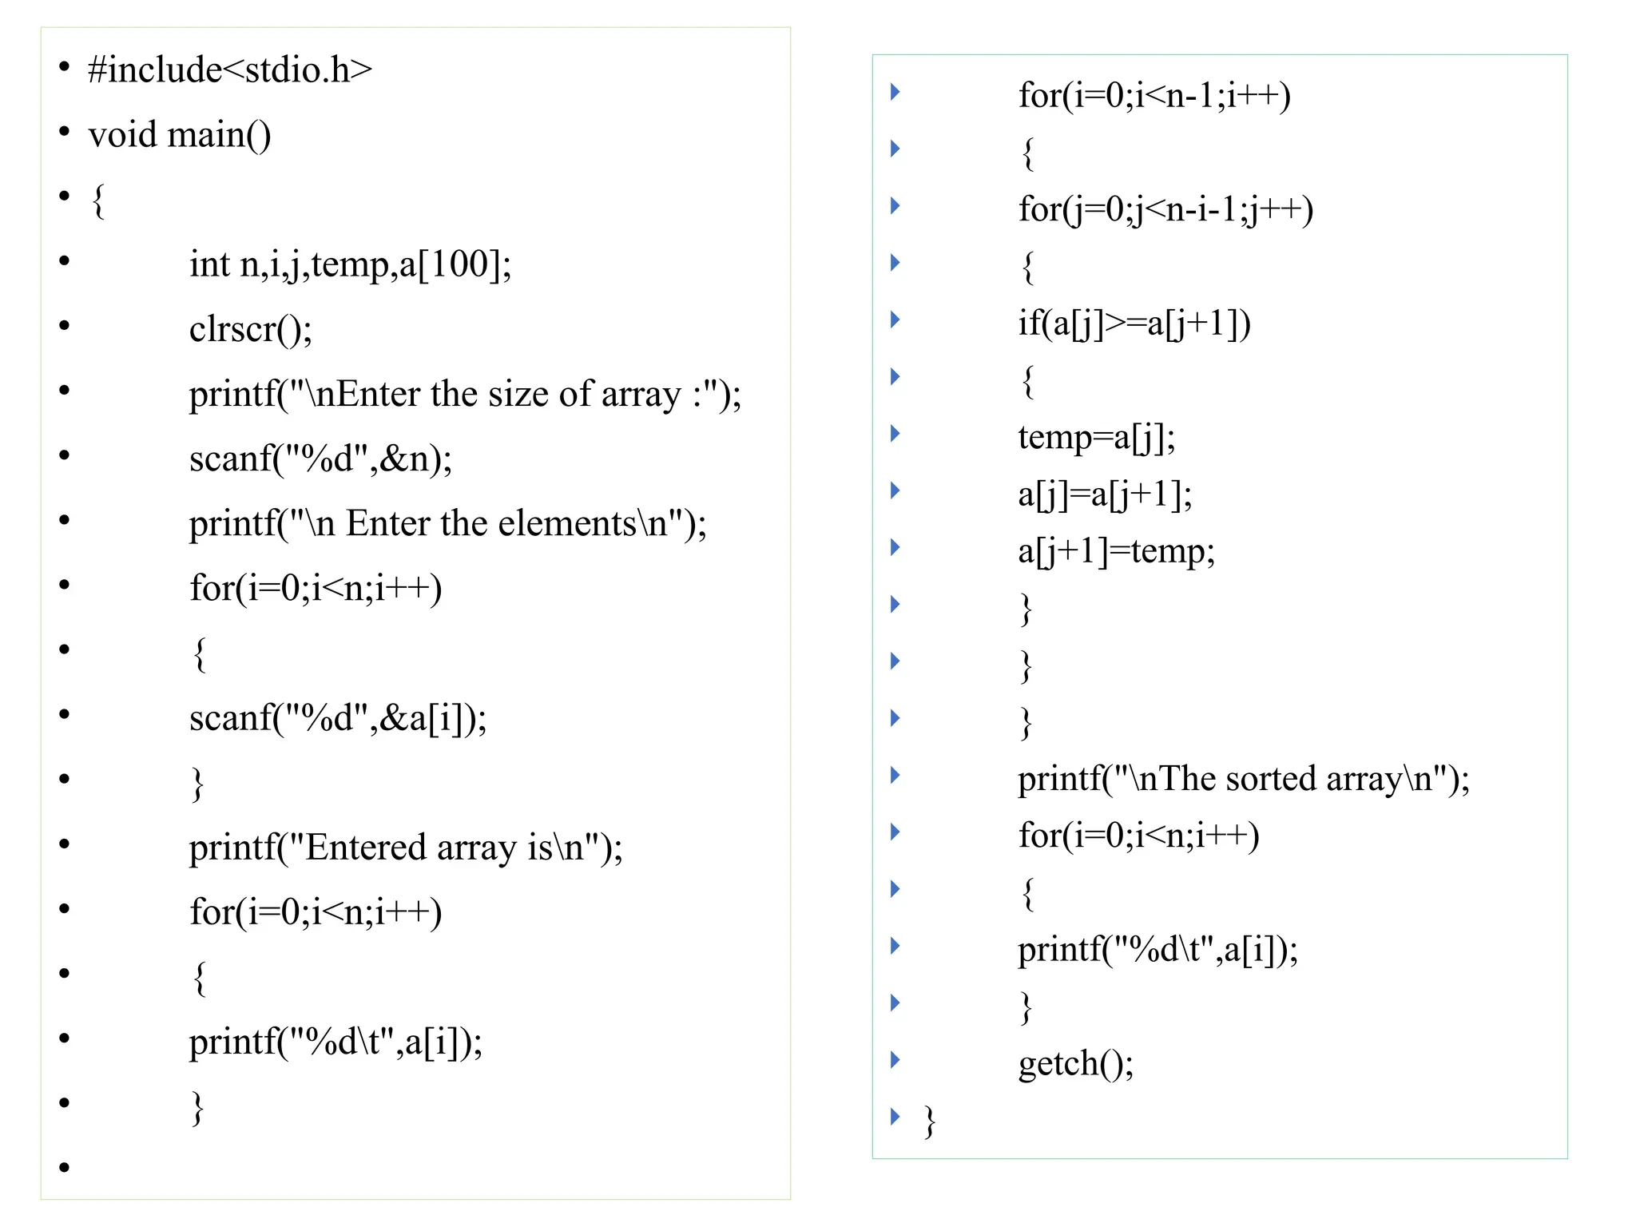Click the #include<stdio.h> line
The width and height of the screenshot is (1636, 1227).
[x=230, y=69]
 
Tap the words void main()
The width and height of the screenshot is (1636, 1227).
[x=180, y=134]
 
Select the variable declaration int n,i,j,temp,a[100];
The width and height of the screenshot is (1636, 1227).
[x=350, y=264]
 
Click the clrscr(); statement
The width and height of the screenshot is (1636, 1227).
[x=250, y=328]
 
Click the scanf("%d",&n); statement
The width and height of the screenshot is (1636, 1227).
[x=320, y=459]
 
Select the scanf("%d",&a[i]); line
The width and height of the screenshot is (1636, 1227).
[x=338, y=717]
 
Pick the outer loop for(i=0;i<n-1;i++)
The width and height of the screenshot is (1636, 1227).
[x=1154, y=95]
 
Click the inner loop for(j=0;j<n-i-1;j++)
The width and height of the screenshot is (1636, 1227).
[x=1165, y=209]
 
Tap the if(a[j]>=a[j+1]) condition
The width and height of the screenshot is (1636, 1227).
[x=1134, y=323]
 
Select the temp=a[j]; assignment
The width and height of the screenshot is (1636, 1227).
[x=1096, y=437]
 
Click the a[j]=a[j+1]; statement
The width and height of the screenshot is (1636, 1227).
[x=1105, y=494]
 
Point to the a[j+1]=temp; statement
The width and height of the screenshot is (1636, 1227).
[x=1116, y=551]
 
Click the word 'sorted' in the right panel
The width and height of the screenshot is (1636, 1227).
[x=1269, y=778]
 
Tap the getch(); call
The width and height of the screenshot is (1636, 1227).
[x=1075, y=1063]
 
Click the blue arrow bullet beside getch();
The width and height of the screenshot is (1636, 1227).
[x=895, y=1060]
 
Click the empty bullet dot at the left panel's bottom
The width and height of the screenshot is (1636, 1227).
[x=65, y=1168]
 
